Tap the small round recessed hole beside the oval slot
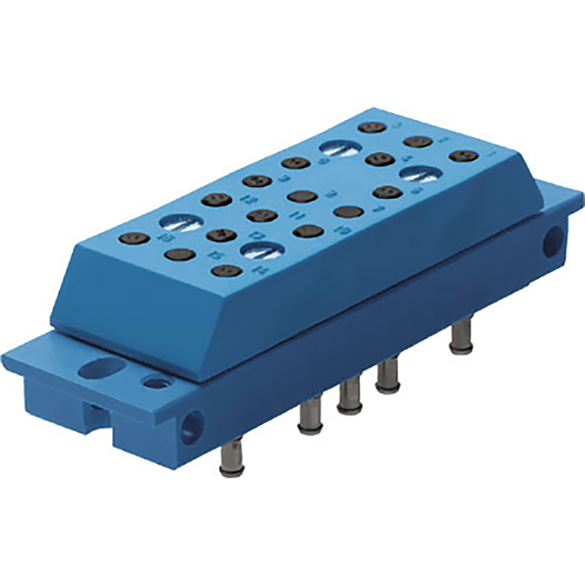pos(152,382)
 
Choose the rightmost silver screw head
pos(421,174)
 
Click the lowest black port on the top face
pos(224,271)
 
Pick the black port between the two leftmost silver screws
pos(220,235)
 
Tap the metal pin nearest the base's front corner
pos(231,455)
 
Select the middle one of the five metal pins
pos(348,398)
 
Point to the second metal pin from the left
pos(308,417)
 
